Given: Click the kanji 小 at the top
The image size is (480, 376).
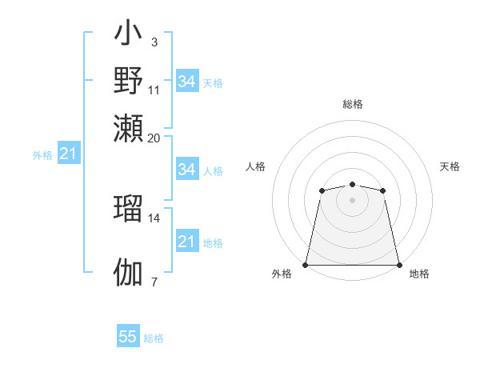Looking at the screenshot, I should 129,37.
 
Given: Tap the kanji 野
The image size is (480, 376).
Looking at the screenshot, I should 129,81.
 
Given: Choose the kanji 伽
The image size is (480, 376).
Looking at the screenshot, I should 129,271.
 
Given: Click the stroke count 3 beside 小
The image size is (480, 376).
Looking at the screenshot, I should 154,42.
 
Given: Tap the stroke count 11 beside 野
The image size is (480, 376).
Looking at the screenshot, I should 154,89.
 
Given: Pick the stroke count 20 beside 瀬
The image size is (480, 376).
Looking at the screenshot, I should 154,137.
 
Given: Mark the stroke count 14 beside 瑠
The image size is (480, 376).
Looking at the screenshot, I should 154,218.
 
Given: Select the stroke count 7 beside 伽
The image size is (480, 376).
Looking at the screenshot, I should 154,281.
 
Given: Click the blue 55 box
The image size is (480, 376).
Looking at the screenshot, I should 128,337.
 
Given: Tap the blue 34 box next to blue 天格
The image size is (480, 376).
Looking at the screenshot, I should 186,82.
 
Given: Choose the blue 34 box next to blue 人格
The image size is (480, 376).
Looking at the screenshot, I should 186,170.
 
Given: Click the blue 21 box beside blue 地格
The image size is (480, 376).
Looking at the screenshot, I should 186,242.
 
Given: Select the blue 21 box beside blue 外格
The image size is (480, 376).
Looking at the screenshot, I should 68,154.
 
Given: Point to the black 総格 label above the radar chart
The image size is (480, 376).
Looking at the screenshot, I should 352,104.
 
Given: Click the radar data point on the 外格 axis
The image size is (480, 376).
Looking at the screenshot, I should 306,265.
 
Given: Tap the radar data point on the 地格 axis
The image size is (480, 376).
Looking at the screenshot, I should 399,265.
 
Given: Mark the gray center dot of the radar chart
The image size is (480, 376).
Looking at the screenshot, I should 352,200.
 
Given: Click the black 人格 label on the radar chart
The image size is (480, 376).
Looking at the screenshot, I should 255,166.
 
